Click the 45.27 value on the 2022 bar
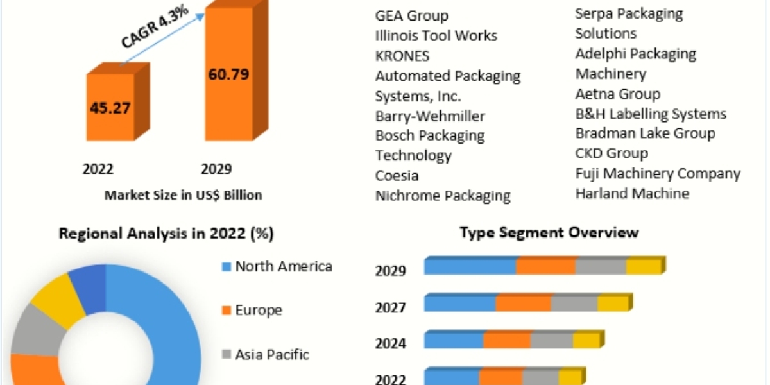110,107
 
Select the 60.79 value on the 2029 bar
228,74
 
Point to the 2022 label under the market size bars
98,169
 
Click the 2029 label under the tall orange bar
216,169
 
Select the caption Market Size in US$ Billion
183,195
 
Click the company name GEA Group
411,15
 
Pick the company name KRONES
402,56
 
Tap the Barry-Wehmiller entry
430,116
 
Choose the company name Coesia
397,175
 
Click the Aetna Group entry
617,94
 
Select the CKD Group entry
612,153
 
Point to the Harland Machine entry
632,193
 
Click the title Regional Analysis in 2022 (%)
166,234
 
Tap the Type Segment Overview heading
549,232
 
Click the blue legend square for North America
225,266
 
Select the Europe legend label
259,311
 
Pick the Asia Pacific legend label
272,354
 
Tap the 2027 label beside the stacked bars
390,308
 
